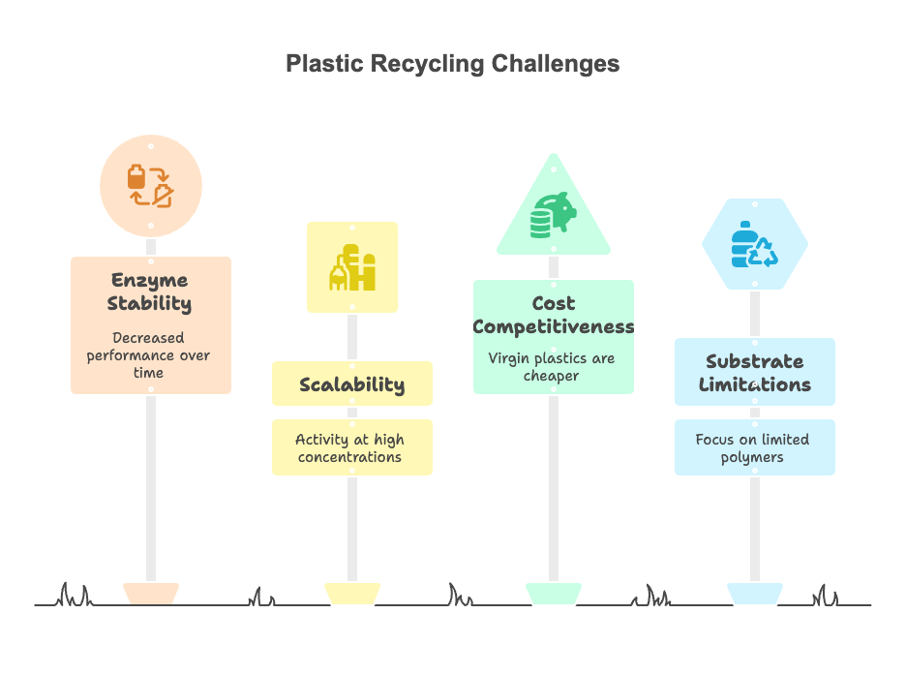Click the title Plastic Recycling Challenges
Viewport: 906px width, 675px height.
(x=452, y=64)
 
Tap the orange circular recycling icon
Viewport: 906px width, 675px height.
(x=151, y=185)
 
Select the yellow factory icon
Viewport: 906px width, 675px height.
(x=352, y=267)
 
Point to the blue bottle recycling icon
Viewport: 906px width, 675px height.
(x=754, y=245)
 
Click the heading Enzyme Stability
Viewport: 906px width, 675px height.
(x=150, y=291)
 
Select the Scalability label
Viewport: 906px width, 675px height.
(x=351, y=384)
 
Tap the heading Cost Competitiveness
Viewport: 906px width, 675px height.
(x=553, y=315)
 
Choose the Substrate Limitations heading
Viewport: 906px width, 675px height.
(x=754, y=373)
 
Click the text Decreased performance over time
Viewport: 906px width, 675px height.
(x=150, y=355)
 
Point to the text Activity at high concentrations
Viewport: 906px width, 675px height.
(x=350, y=448)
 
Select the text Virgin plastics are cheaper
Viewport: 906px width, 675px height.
(x=552, y=367)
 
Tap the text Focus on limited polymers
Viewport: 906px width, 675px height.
(x=753, y=448)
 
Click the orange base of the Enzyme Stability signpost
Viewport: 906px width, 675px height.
(x=151, y=592)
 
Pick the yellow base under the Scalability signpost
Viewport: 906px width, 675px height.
(x=352, y=592)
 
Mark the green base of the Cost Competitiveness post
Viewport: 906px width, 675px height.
(x=554, y=592)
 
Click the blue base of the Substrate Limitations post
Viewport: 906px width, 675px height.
(x=755, y=592)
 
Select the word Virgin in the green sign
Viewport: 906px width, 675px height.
(x=510, y=358)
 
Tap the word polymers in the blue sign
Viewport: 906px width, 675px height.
(x=752, y=457)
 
